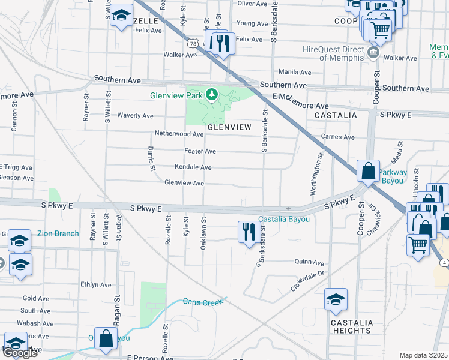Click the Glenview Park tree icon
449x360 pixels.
pos(211,95)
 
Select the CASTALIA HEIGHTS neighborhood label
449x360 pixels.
pos(351,326)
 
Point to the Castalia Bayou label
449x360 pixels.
pos(284,219)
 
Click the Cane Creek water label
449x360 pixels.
pos(203,302)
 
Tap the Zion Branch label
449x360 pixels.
pos(58,233)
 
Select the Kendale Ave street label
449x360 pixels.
pos(193,167)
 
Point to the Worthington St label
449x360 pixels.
pos(313,173)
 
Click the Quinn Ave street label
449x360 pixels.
pos(309,262)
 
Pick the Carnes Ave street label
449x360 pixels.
pos(337,137)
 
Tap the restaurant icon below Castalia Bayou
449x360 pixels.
pos(249,231)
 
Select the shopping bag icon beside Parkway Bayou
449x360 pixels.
pos(367,170)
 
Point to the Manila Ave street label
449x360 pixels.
pos(295,72)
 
